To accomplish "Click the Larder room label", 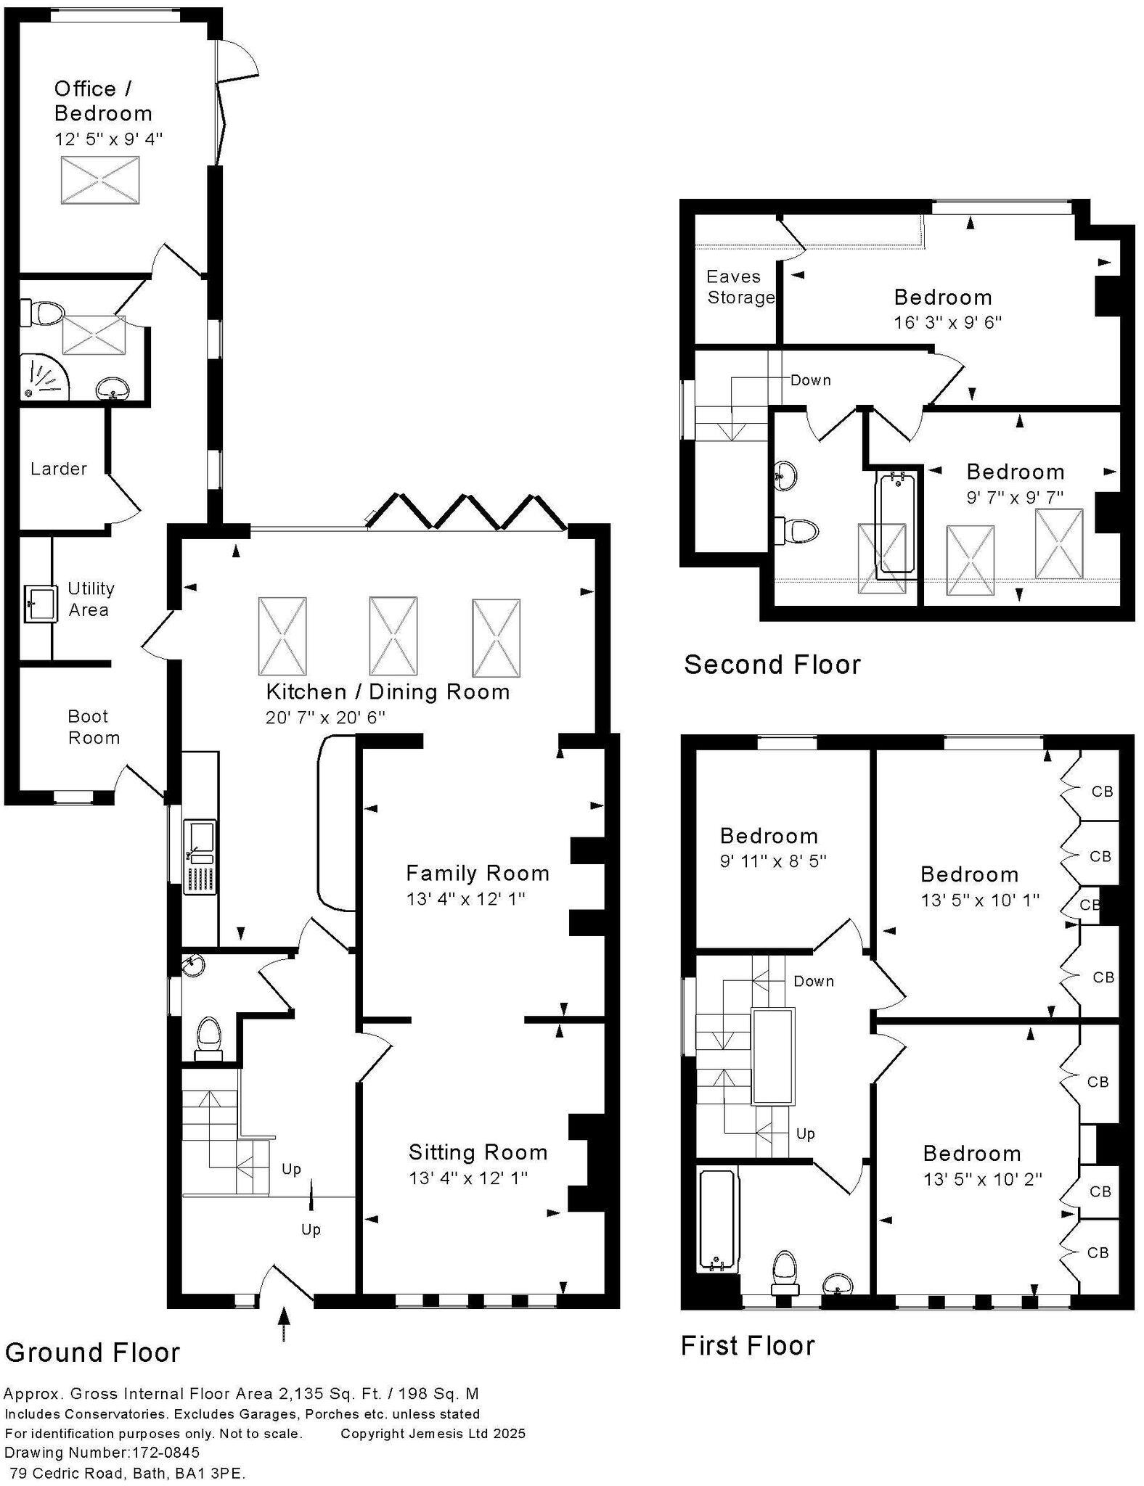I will [x=58, y=469].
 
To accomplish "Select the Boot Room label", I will [x=93, y=727].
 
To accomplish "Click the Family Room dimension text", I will [x=465, y=899].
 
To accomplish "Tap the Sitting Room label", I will [x=478, y=1152].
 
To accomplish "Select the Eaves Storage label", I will [x=740, y=287].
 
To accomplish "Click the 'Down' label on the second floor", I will [x=810, y=380].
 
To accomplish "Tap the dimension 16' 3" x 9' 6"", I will [x=947, y=322].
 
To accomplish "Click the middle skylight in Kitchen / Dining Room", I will [x=393, y=636].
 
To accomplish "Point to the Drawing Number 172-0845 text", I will [x=102, y=1453].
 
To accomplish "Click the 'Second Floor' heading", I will [x=772, y=665].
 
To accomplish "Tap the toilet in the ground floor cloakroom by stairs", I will [x=209, y=1038].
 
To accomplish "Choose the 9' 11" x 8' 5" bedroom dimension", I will [x=773, y=861].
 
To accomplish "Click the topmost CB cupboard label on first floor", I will [x=1101, y=791].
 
